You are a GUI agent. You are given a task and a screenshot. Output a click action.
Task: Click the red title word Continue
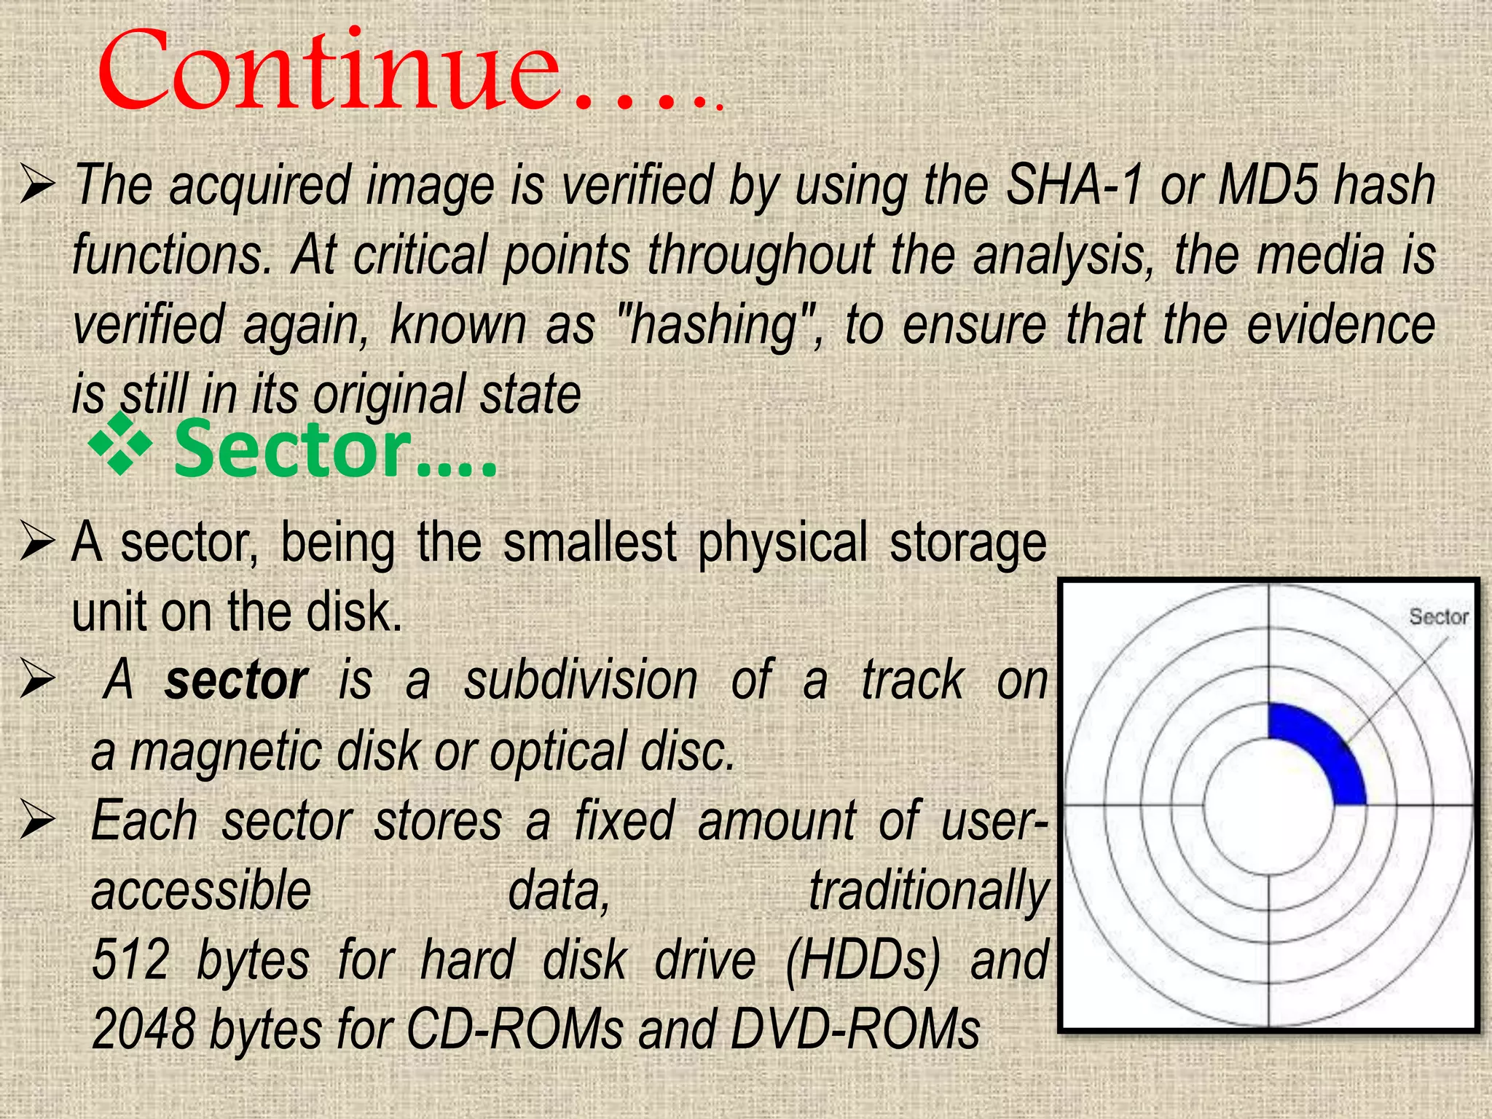(328, 73)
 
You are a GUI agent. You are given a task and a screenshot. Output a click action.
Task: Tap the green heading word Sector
(291, 450)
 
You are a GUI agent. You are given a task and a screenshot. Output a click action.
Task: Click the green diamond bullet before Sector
(120, 443)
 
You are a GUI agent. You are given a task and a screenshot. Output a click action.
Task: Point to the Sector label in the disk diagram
(1438, 617)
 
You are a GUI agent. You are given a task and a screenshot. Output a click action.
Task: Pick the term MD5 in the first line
(1268, 186)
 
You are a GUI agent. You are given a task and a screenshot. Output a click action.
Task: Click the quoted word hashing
(718, 326)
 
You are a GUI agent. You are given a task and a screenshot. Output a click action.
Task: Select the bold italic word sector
(236, 681)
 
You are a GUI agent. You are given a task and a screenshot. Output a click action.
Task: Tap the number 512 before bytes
(131, 960)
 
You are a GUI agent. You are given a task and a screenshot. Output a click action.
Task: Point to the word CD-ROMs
(514, 1029)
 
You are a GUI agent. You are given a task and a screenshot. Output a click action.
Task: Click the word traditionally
(929, 892)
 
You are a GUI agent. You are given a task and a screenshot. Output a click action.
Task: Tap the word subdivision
(581, 681)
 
